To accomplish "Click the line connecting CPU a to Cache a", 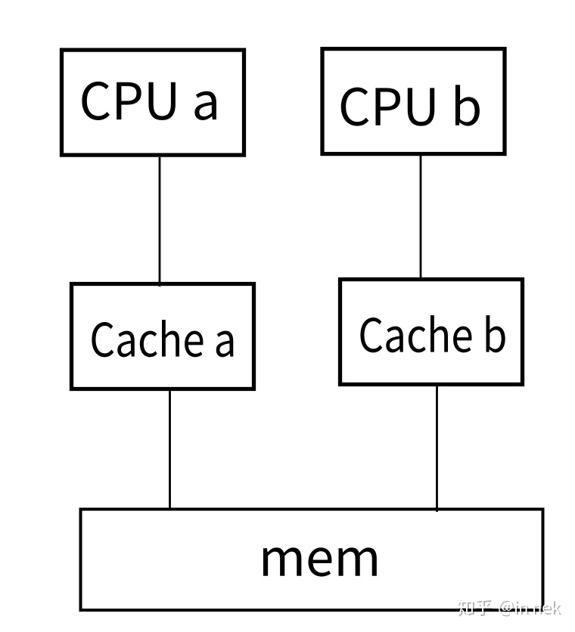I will pyautogui.click(x=160, y=219).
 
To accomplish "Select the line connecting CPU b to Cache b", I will pyautogui.click(x=421, y=216).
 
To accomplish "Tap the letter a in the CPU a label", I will pyautogui.click(x=205, y=104).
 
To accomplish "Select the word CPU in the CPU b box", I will pyautogui.click(x=388, y=107).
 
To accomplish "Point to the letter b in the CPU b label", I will pyautogui.click(x=467, y=105).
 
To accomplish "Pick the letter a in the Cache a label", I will pyautogui.click(x=224, y=342).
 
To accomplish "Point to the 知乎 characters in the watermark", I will pyautogui.click(x=476, y=608).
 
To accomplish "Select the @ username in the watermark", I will pyautogui.click(x=530, y=609).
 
